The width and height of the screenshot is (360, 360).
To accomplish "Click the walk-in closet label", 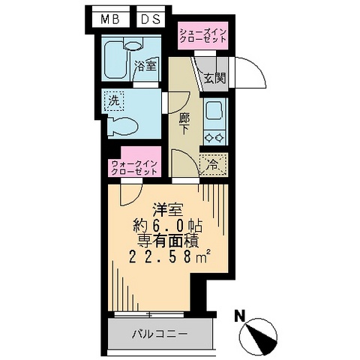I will [133, 166].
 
